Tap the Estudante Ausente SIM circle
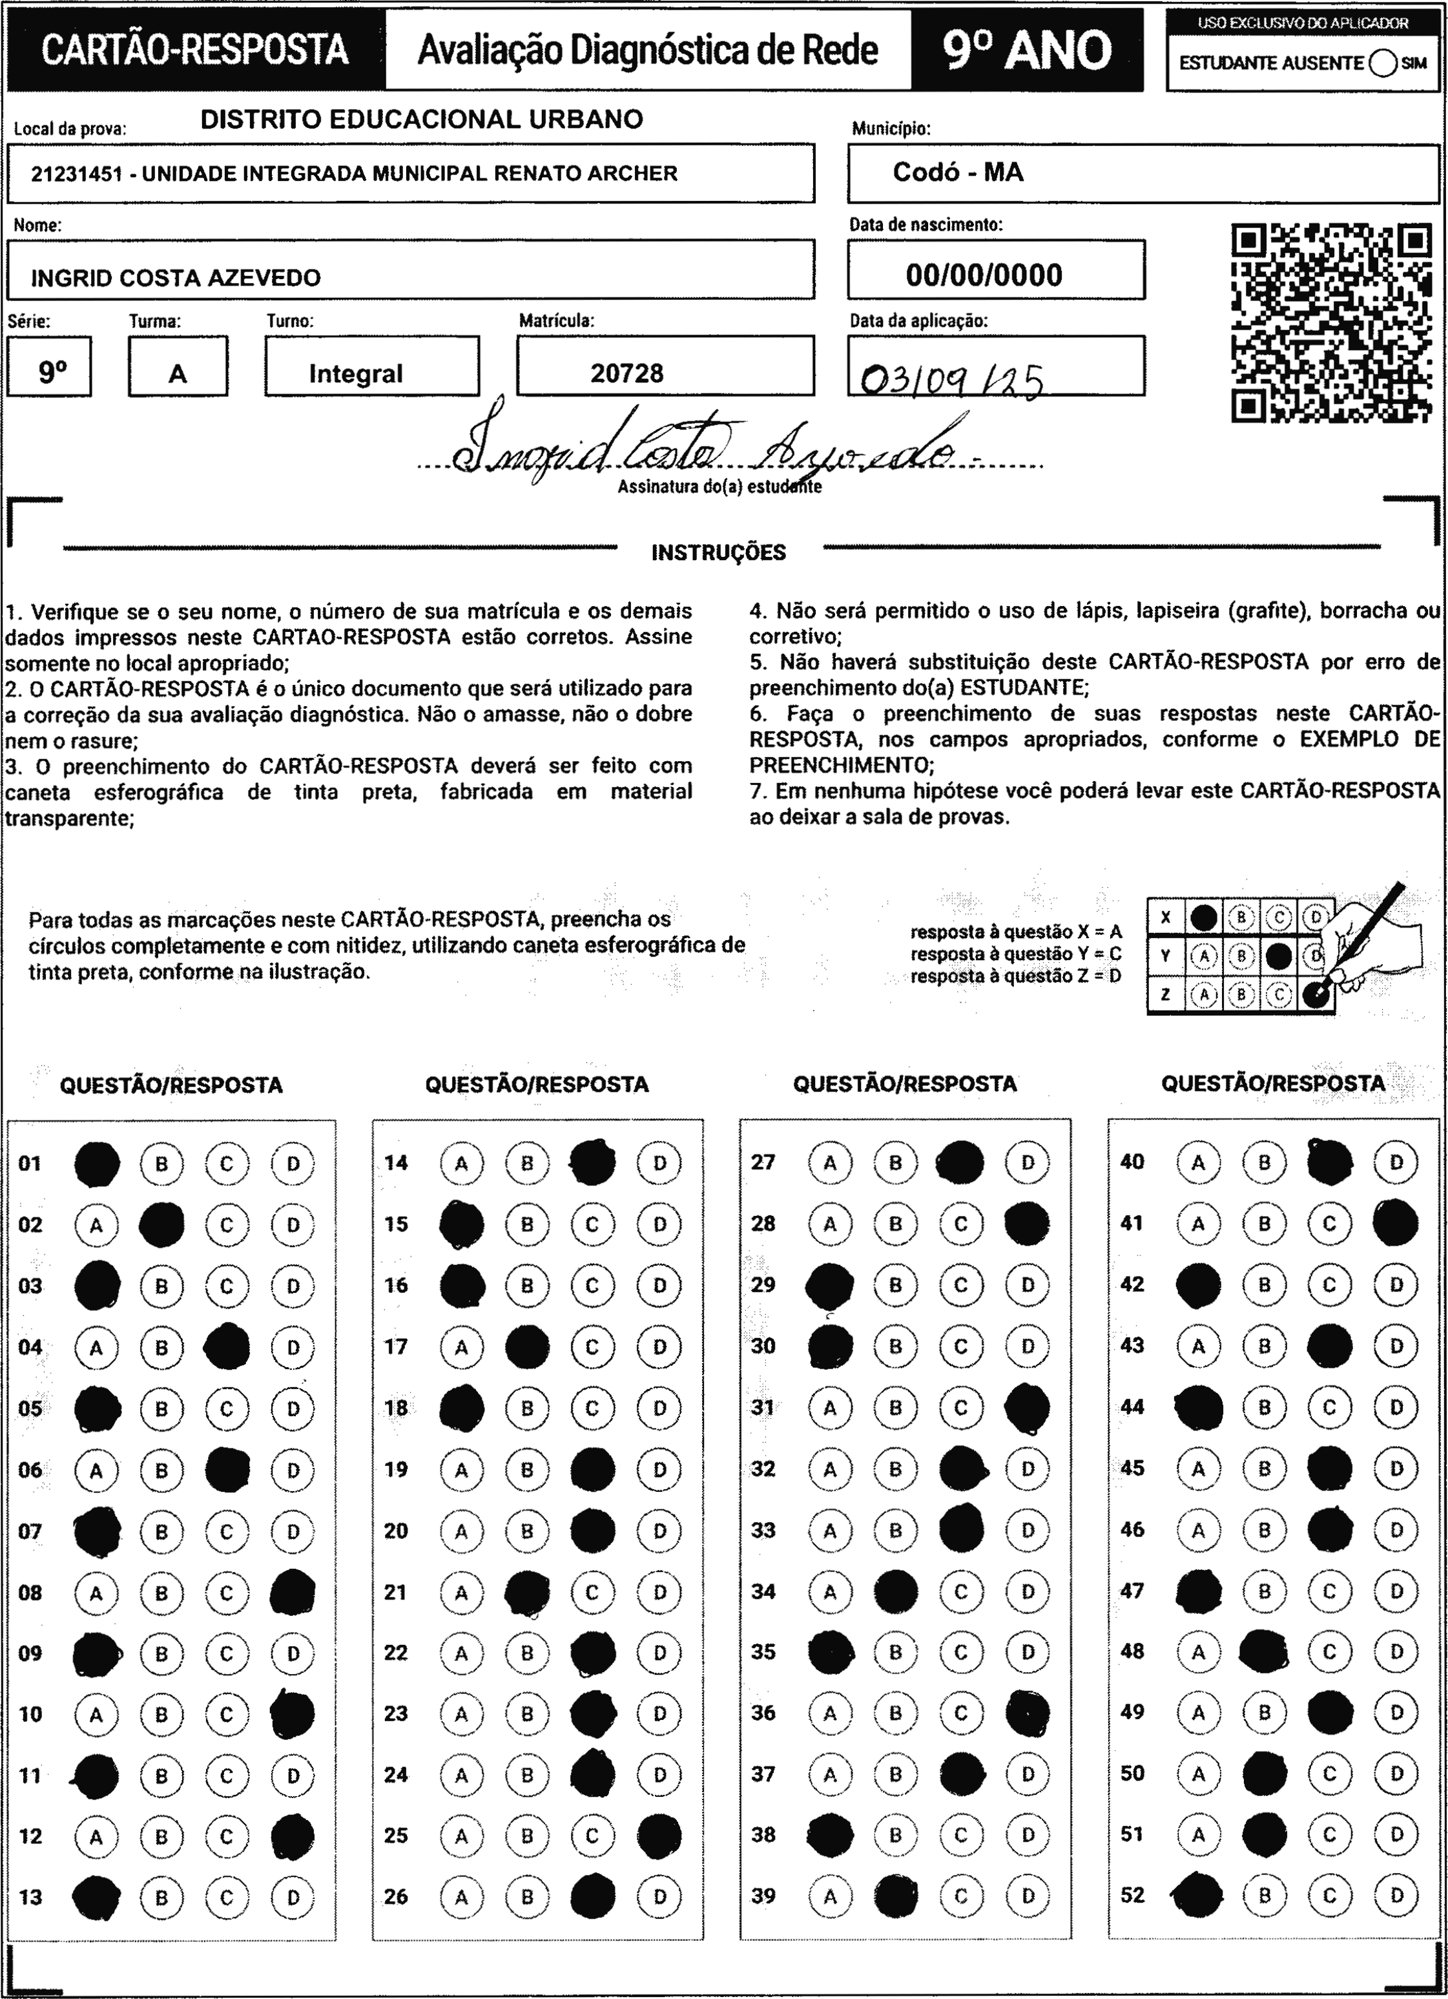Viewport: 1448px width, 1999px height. pyautogui.click(x=1383, y=63)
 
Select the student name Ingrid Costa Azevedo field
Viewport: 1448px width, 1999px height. pyautogui.click(x=411, y=271)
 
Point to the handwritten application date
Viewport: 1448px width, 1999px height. pyautogui.click(x=952, y=380)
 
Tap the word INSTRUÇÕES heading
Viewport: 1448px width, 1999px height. pyautogui.click(x=718, y=552)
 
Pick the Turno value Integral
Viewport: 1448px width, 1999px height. pyautogui.click(x=355, y=373)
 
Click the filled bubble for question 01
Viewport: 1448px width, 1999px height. pyautogui.click(x=97, y=1164)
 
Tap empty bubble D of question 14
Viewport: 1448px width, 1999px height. pyautogui.click(x=659, y=1164)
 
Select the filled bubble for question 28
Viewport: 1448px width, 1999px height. pyautogui.click(x=1027, y=1224)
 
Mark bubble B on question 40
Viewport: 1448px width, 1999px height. pyautogui.click(x=1264, y=1162)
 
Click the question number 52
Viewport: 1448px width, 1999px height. pyautogui.click(x=1132, y=1894)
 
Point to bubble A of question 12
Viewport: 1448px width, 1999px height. pyautogui.click(x=97, y=1837)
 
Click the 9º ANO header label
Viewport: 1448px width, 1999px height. pyautogui.click(x=1027, y=50)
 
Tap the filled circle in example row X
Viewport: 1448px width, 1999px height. pyautogui.click(x=1204, y=917)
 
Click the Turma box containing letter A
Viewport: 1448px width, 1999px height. pyautogui.click(x=178, y=373)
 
